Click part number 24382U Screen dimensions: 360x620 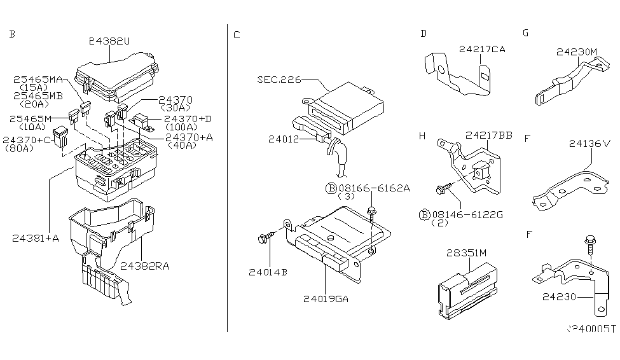coord(109,41)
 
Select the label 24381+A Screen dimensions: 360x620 coord(36,238)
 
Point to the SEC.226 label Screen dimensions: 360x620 coord(278,80)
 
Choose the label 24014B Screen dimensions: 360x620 coord(268,272)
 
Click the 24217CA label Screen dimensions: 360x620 coord(481,49)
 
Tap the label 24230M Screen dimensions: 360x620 coord(577,52)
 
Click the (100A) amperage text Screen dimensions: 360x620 coord(181,128)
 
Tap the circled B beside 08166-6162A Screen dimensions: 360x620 coord(331,188)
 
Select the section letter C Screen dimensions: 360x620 coord(237,34)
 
